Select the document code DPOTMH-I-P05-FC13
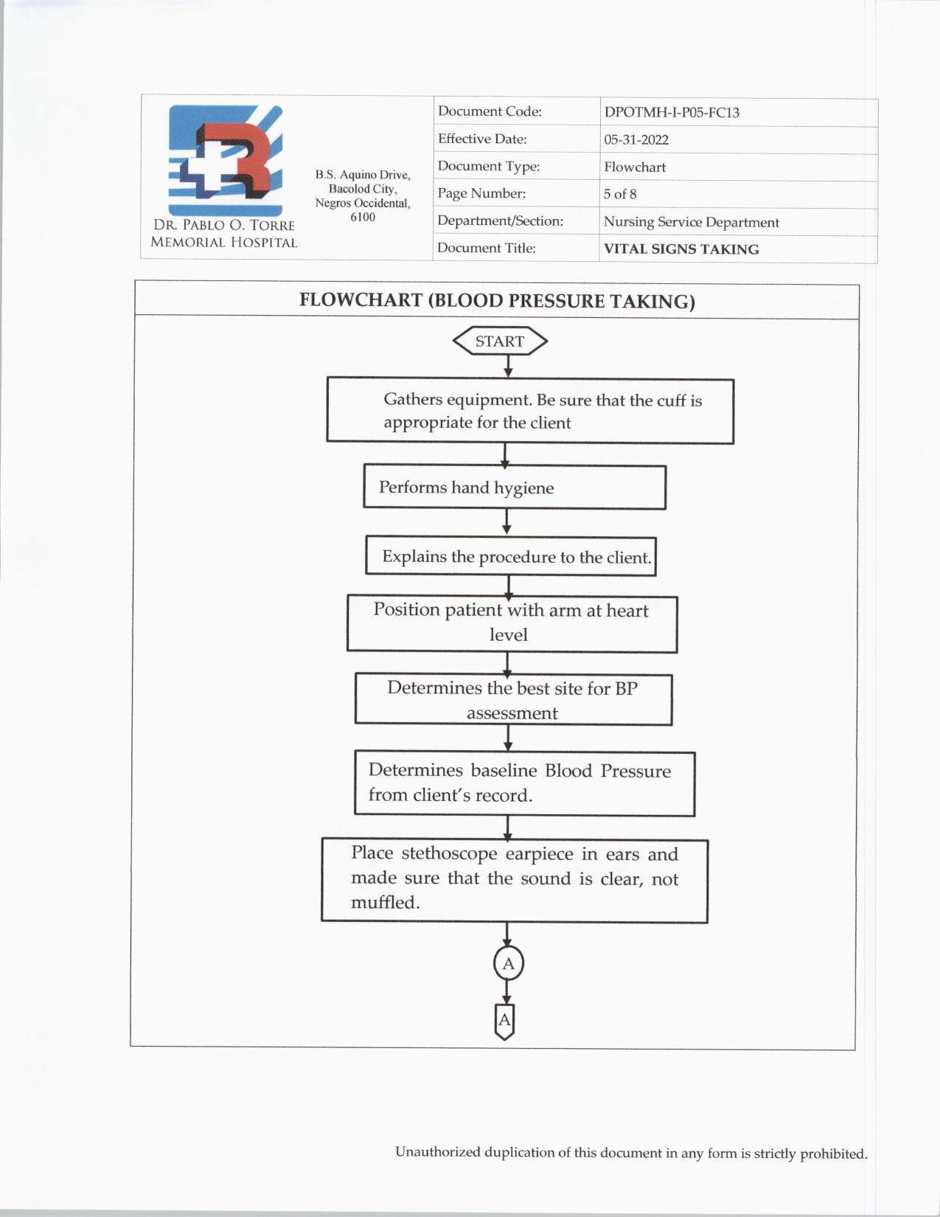(671, 113)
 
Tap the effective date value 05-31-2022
(636, 139)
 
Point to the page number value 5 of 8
(619, 194)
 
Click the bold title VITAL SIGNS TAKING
(680, 249)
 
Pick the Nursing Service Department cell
(691, 222)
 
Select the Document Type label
(488, 167)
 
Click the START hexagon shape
(499, 341)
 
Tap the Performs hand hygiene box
(514, 488)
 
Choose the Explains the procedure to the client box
(510, 557)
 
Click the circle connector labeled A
(508, 963)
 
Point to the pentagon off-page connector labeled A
(504, 1021)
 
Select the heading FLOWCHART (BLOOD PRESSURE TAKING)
(497, 301)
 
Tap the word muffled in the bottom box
(384, 903)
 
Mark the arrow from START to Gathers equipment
(508, 366)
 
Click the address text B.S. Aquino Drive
(363, 175)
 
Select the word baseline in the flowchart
(504, 771)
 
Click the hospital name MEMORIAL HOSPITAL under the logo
(223, 243)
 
